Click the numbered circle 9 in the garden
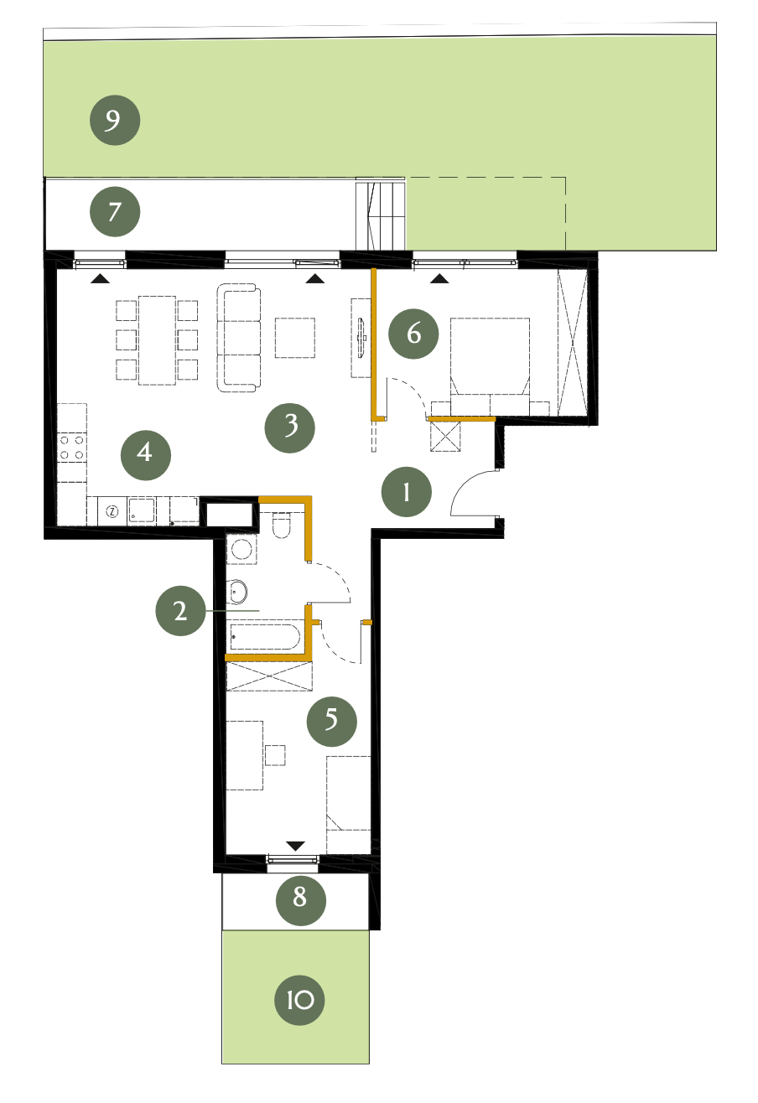(115, 120)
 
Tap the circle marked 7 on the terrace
(115, 212)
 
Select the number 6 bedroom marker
(413, 334)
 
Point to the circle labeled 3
(289, 427)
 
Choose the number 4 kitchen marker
(146, 454)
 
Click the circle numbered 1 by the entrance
(407, 492)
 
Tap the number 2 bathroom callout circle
(181, 610)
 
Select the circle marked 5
(331, 722)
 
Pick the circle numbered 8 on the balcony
(301, 901)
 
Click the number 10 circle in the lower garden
(299, 1000)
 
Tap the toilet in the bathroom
(281, 525)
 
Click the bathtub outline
(264, 637)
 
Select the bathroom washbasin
(237, 592)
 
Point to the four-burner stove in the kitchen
(72, 448)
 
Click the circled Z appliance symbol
(113, 511)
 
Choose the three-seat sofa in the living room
(239, 338)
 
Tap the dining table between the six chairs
(157, 340)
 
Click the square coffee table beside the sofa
(295, 338)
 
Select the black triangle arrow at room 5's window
(295, 846)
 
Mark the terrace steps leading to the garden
(380, 215)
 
